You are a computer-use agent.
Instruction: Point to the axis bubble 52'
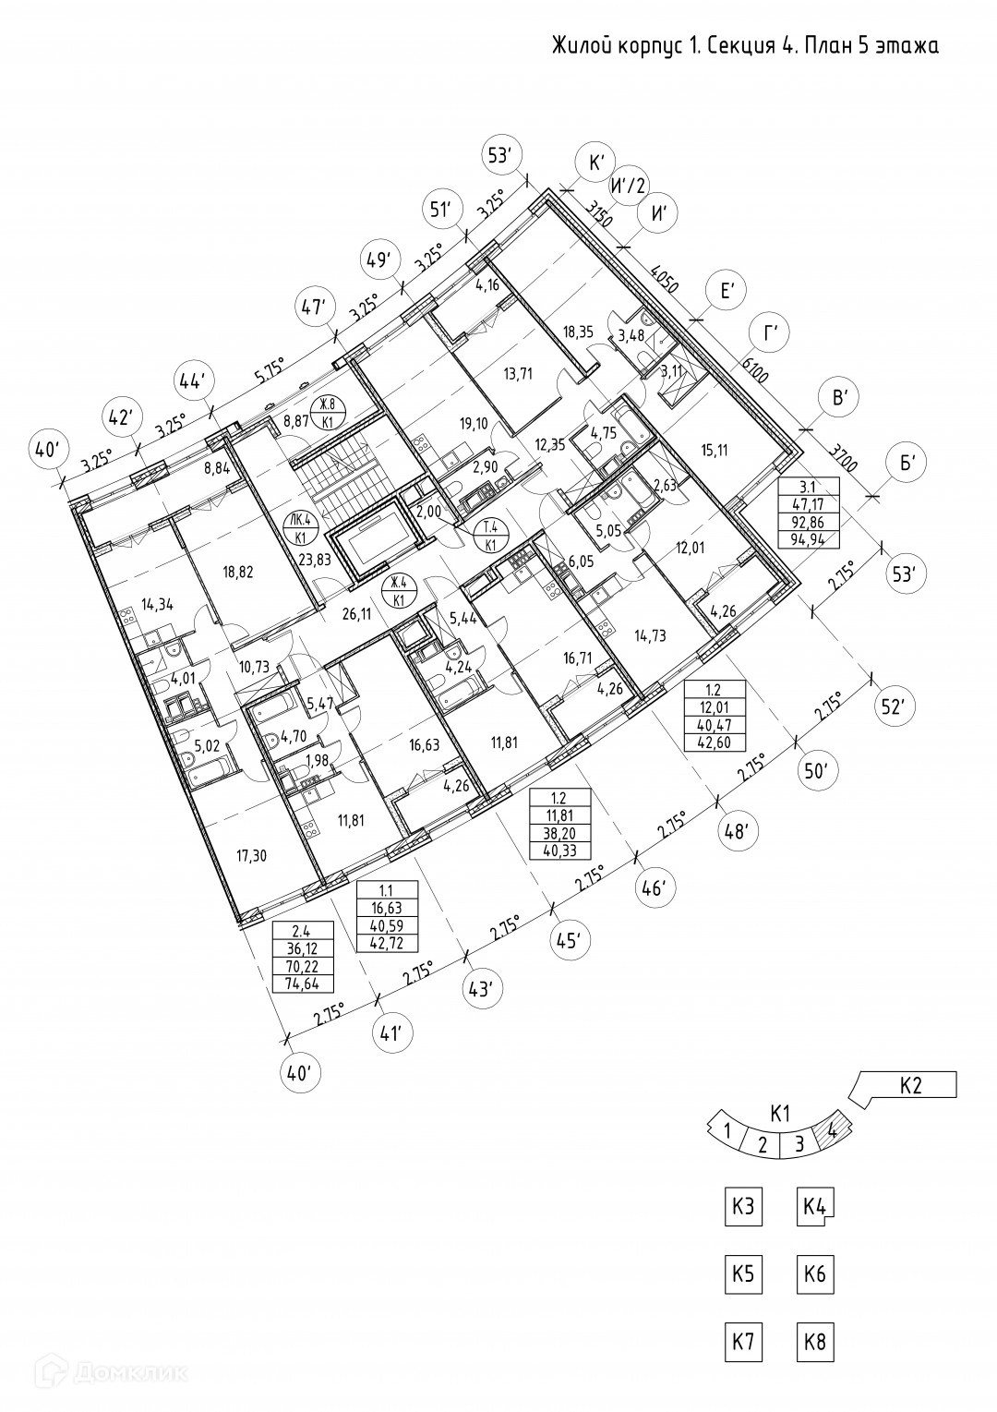pos(891,707)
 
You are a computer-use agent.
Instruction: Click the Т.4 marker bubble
pos(486,534)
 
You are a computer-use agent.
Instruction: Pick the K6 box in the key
pos(814,1275)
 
